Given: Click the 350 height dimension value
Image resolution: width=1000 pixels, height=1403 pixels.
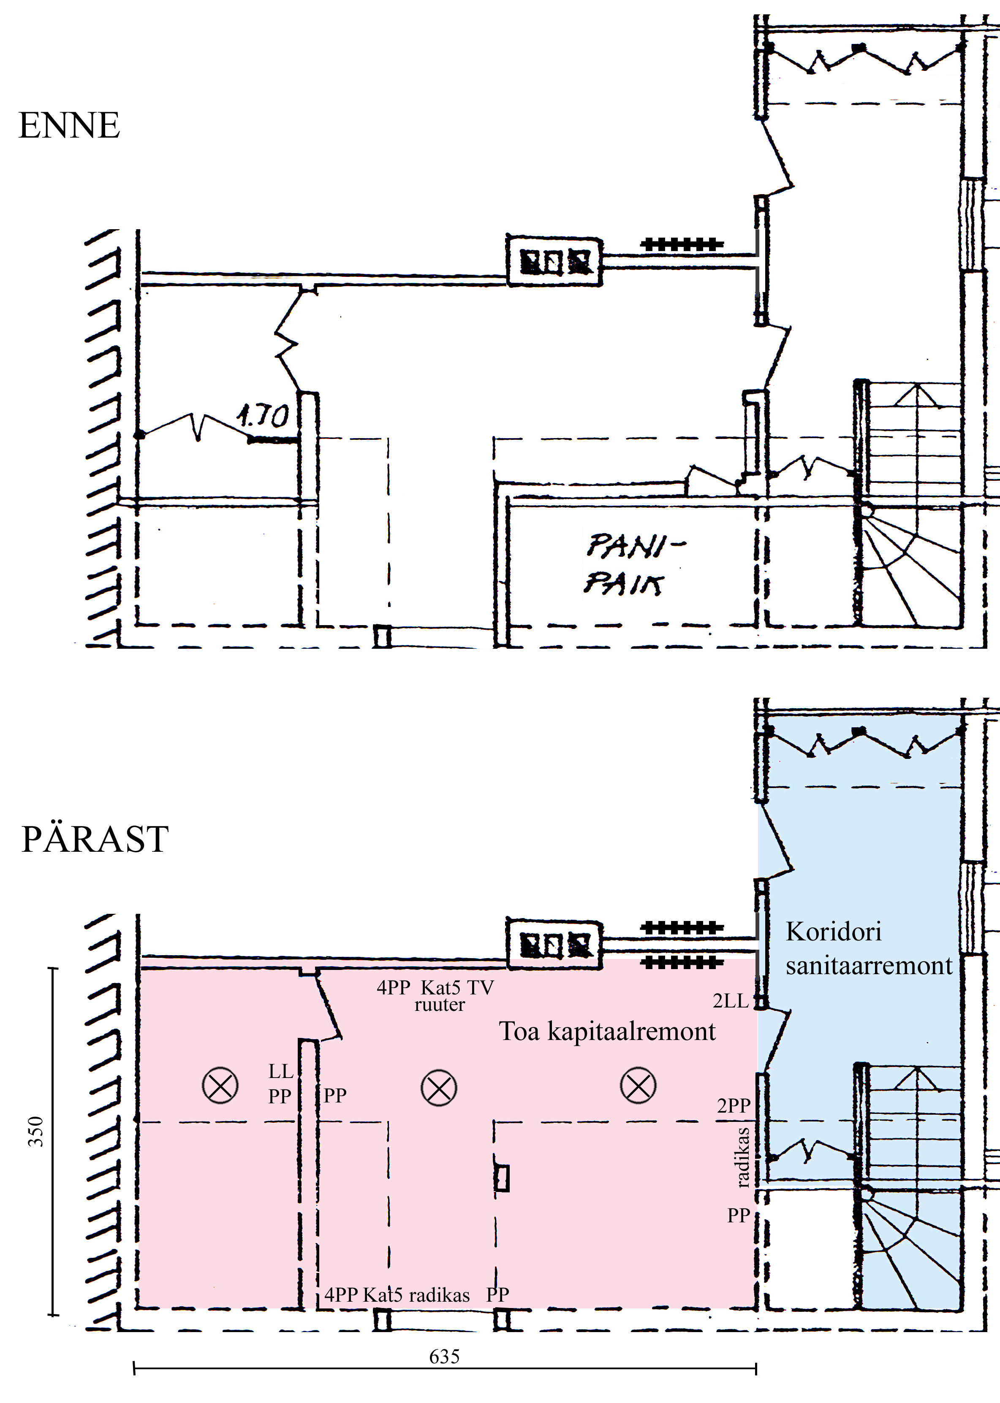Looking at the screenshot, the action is (x=36, y=1131).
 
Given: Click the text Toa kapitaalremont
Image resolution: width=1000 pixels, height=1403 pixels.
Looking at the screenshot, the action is (x=607, y=1031).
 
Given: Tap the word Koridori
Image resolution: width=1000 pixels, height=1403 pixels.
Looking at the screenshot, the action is (x=834, y=932).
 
